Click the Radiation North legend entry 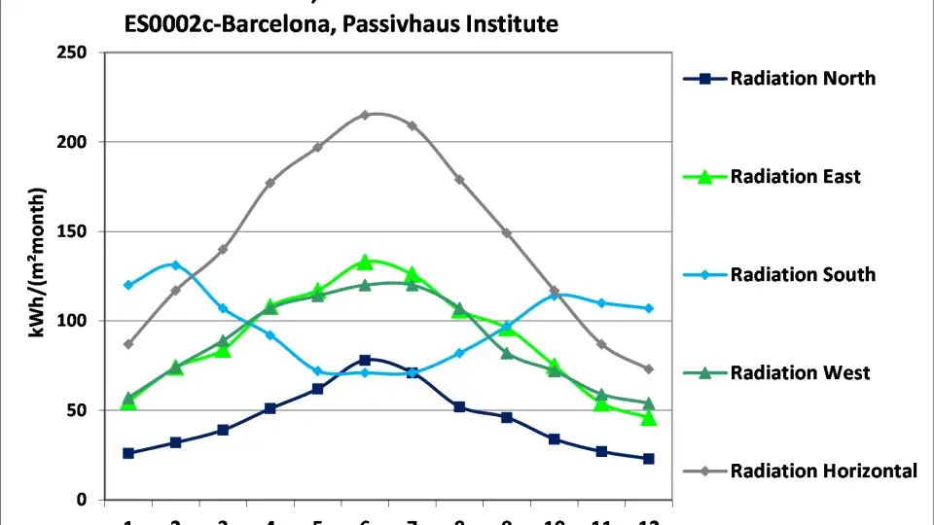click(x=803, y=79)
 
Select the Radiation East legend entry click(x=795, y=177)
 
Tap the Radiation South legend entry click(x=803, y=275)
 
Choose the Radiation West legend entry click(x=800, y=373)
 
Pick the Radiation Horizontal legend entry click(x=823, y=472)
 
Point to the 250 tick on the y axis click(x=72, y=52)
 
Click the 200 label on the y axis click(x=72, y=142)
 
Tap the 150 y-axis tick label click(x=72, y=231)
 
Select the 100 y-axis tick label click(x=72, y=321)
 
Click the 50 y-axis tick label click(x=77, y=410)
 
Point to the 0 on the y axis click(x=82, y=500)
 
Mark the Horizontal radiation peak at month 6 click(x=365, y=115)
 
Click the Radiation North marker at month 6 click(x=365, y=360)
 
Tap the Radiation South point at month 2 click(x=175, y=264)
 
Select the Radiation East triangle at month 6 click(x=365, y=262)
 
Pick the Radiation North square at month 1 click(x=128, y=453)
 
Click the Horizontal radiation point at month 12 click(x=649, y=369)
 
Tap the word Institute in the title click(x=510, y=23)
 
